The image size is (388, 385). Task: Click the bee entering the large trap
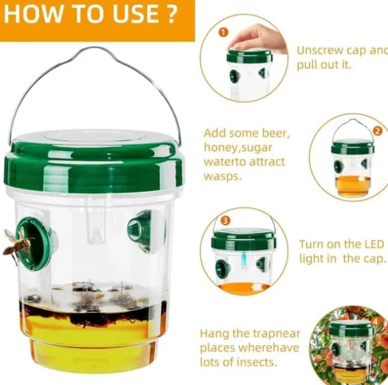[18, 245]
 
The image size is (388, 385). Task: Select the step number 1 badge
[223, 32]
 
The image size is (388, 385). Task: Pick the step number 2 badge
[377, 130]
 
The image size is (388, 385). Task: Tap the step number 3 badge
[225, 221]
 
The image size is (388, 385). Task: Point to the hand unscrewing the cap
[259, 39]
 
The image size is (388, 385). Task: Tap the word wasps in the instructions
[222, 176]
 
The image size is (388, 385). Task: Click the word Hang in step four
[215, 334]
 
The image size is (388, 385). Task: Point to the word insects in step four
[257, 362]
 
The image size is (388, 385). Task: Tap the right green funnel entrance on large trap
[140, 231]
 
